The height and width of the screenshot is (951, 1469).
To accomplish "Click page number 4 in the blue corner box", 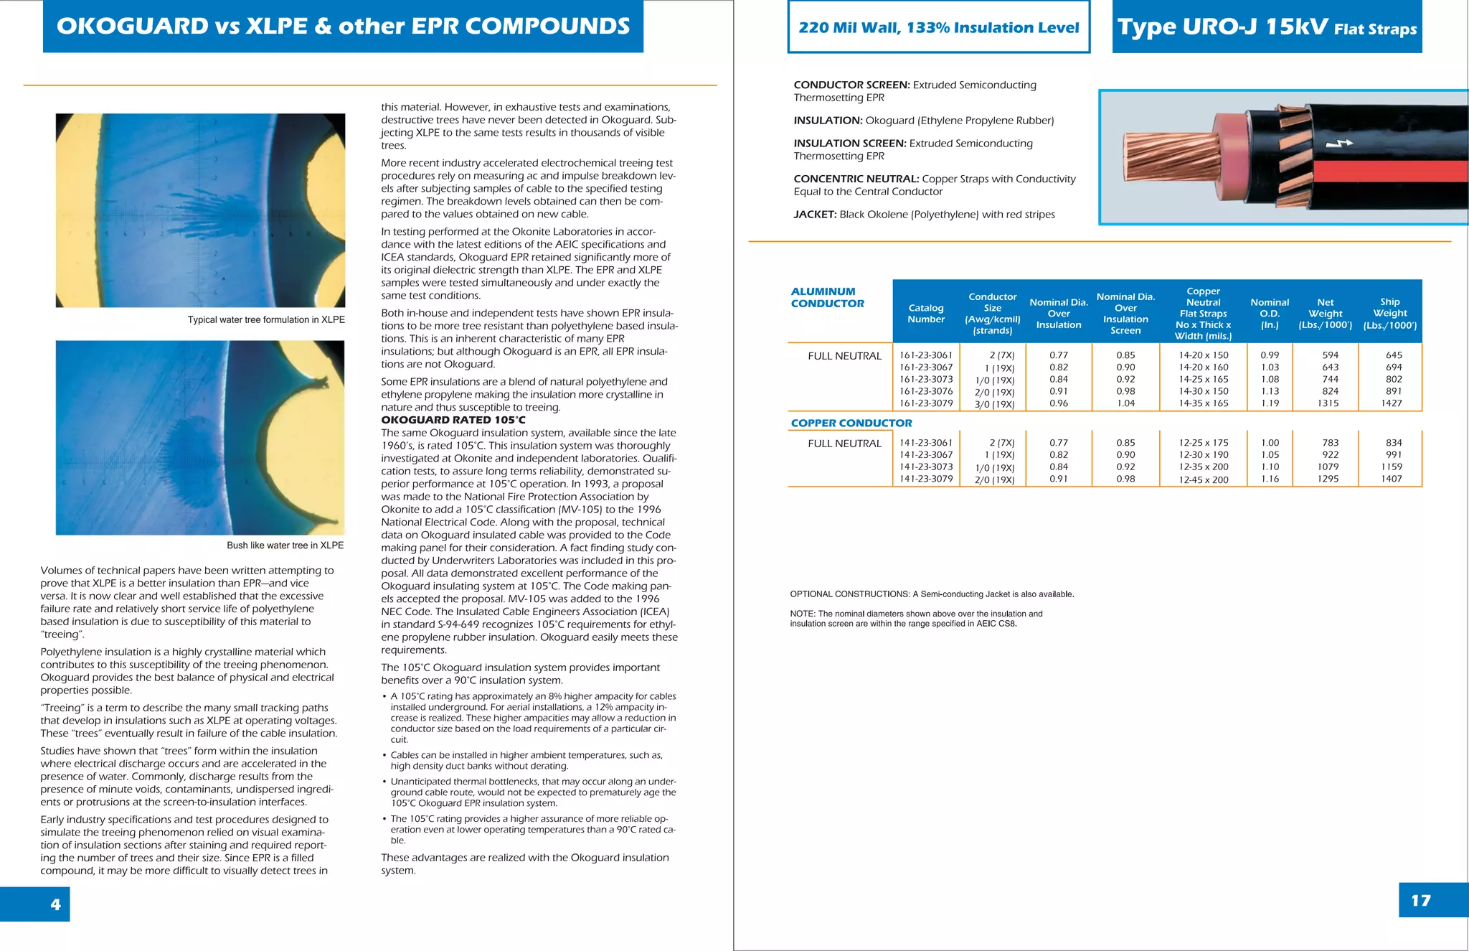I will (55, 904).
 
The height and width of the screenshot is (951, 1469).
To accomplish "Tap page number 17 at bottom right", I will (1420, 901).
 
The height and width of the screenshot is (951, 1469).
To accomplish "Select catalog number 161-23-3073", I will (926, 380).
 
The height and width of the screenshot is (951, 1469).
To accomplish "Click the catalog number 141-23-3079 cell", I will (926, 479).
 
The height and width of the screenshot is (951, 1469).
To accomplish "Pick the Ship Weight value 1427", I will (1391, 403).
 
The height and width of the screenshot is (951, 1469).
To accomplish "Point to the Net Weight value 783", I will (1330, 443).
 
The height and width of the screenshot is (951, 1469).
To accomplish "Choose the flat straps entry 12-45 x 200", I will (1203, 479).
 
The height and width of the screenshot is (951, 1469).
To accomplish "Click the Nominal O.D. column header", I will (1269, 313).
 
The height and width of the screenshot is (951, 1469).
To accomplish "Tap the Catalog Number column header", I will (925, 314).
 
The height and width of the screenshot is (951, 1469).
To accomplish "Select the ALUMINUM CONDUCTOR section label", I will (827, 297).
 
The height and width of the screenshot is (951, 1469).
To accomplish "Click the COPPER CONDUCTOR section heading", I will (851, 423).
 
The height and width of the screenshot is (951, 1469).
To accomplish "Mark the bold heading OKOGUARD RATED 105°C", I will (453, 420).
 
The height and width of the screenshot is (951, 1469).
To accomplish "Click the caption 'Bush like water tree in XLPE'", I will (285, 545).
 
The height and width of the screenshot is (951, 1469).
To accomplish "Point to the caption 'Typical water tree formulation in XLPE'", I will (266, 320).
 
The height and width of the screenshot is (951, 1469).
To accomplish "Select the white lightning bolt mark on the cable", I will (1338, 144).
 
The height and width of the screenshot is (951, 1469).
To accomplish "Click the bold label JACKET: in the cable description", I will (815, 215).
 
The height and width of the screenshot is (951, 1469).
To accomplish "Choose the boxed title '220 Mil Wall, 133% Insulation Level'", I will (938, 28).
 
